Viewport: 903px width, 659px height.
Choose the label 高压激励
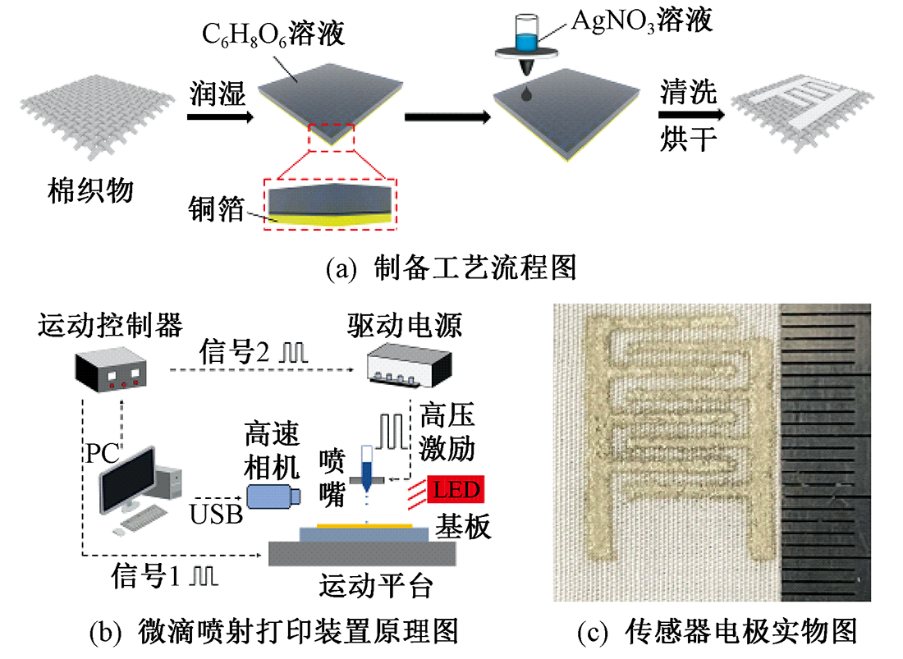[x=447, y=431]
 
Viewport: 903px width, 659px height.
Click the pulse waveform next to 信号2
[x=293, y=352]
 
